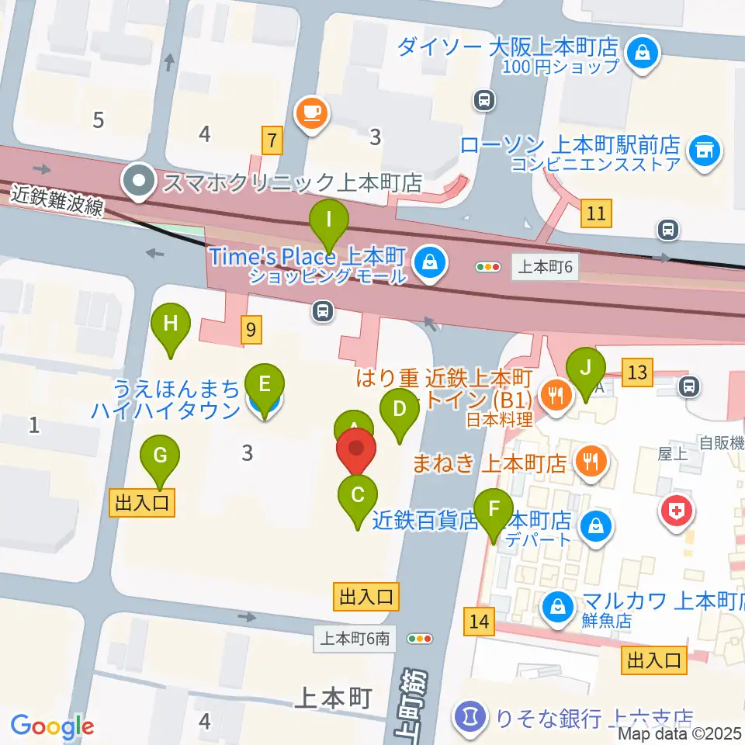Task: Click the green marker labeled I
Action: click(329, 220)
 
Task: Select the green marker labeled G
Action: click(160, 456)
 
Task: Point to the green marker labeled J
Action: click(587, 369)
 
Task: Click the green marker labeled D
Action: click(400, 408)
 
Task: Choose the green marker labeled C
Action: click(358, 494)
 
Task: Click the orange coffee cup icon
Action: click(313, 112)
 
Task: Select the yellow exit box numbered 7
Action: click(272, 140)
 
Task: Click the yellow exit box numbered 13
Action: click(638, 373)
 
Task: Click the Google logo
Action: click(52, 726)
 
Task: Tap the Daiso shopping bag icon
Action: click(643, 54)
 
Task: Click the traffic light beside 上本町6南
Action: click(421, 639)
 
